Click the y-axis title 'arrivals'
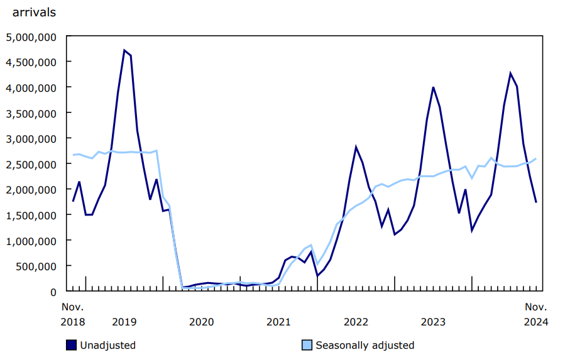pos(34,12)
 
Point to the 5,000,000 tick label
pos(30,36)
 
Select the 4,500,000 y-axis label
pos(30,62)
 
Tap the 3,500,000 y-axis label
pos(30,113)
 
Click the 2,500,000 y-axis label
pos(30,164)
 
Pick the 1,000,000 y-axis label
pos(30,241)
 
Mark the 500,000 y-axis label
pos(35,266)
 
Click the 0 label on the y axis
pos(53,292)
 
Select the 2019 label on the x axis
pos(124,322)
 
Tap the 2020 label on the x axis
pos(202,322)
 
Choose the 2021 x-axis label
pos(279,322)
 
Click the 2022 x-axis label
pos(356,322)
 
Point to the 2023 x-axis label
pos(434,322)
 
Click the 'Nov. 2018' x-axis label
pos(73,314)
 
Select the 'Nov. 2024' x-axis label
pos(536,314)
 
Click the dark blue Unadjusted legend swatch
pos(72,345)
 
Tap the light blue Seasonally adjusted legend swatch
pos(307,345)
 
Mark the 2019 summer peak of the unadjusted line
pos(124,50)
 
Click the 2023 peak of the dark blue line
pos(433,87)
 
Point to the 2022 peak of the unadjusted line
pos(356,147)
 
